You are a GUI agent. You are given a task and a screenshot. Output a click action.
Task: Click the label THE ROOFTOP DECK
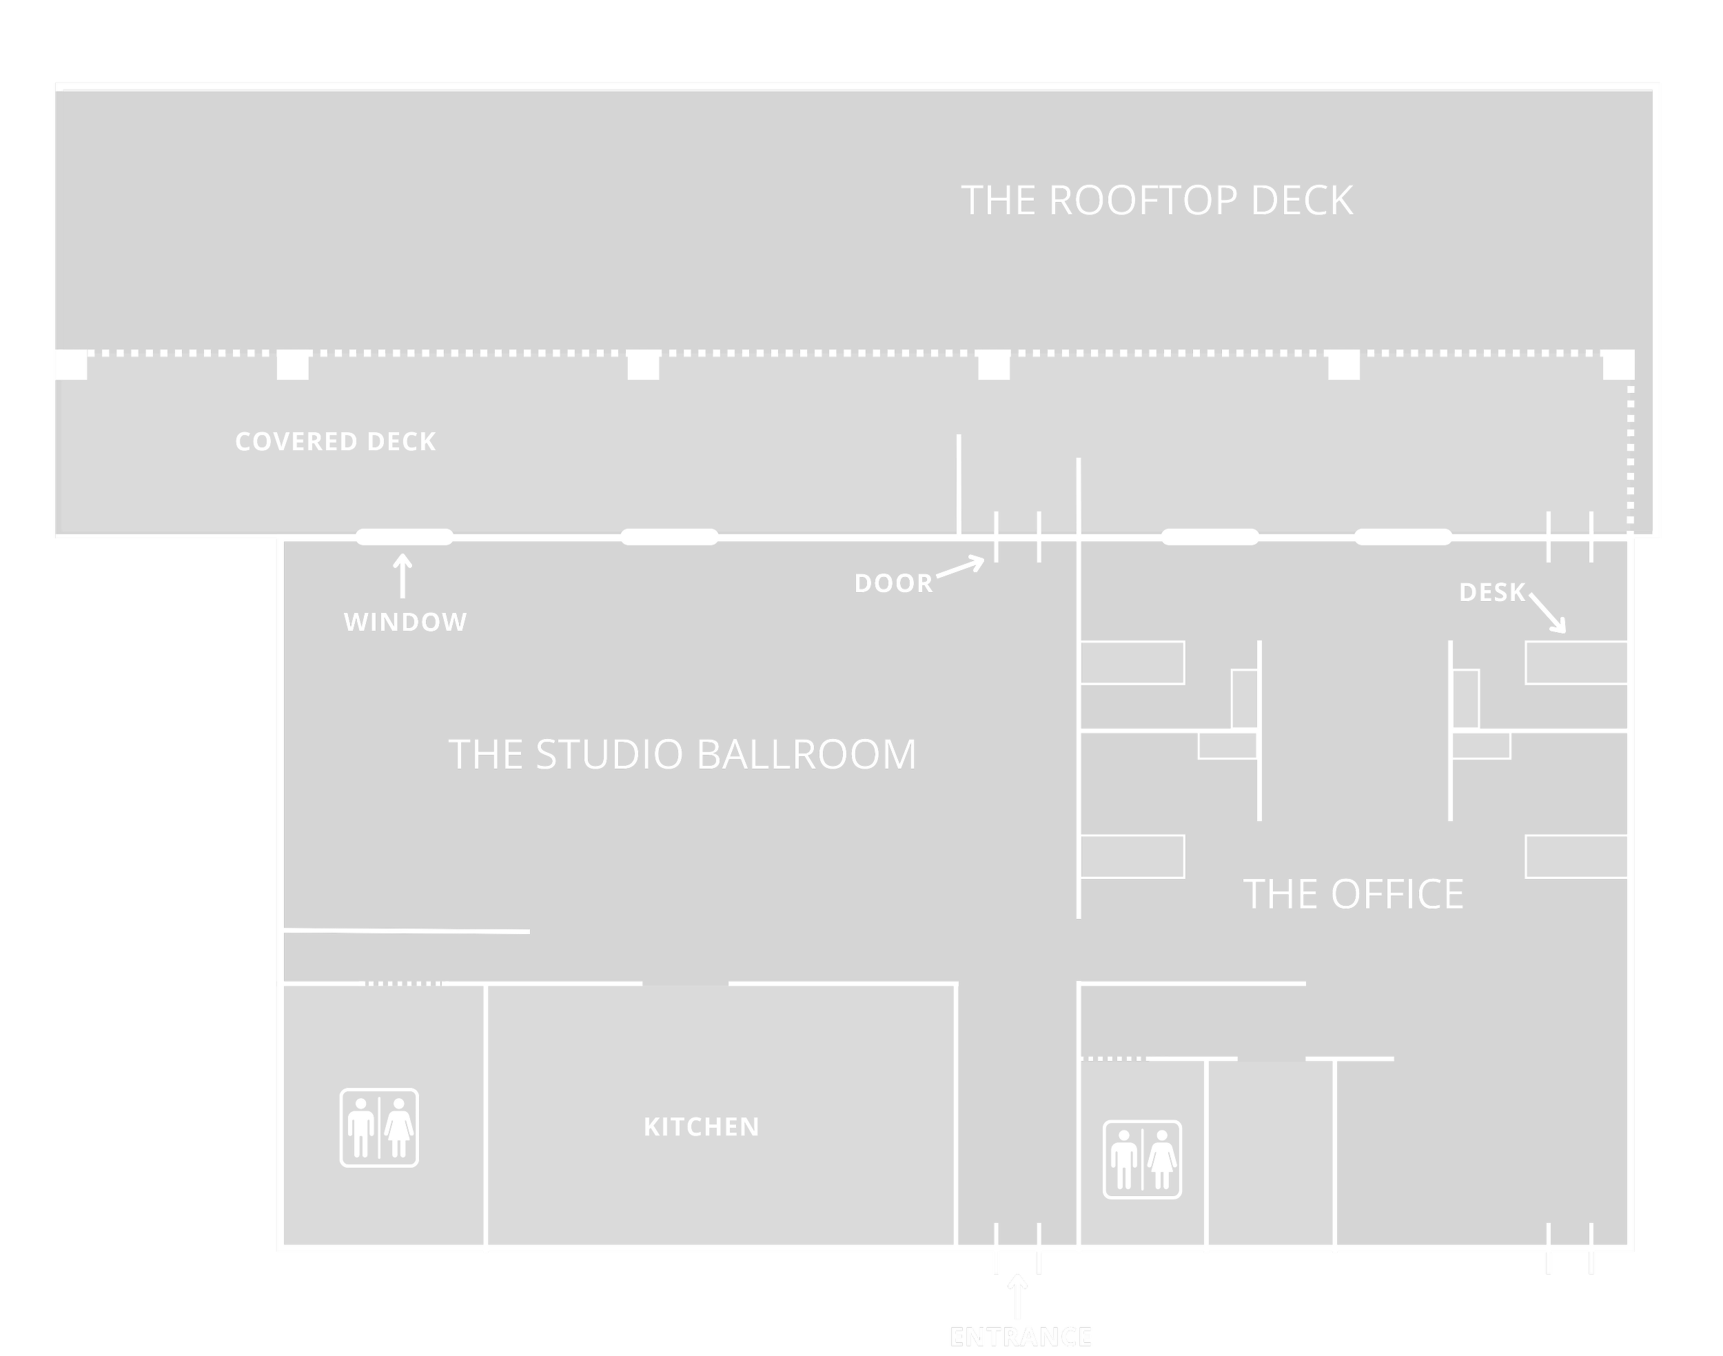(1156, 200)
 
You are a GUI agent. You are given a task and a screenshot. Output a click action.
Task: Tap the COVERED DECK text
(335, 441)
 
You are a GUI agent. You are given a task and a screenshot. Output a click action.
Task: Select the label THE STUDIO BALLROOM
(682, 754)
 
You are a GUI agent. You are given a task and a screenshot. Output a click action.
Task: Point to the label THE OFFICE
(1352, 894)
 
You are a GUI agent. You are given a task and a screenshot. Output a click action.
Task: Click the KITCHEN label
(701, 1126)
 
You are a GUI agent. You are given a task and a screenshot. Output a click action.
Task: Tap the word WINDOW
(405, 622)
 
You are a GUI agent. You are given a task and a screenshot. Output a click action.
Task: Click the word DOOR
(893, 583)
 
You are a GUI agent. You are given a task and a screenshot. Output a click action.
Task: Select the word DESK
(1492, 592)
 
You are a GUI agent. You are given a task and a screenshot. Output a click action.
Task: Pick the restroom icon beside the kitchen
(379, 1127)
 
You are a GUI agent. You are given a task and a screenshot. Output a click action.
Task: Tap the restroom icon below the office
(1142, 1159)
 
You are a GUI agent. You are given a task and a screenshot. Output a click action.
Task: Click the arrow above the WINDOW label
(403, 576)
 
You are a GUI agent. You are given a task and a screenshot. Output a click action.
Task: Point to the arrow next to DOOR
(960, 567)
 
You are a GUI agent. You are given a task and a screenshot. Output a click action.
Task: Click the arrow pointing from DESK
(1548, 613)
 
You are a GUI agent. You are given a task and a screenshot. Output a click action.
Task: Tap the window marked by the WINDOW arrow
(404, 537)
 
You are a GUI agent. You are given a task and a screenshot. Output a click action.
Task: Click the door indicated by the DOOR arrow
(1017, 538)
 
